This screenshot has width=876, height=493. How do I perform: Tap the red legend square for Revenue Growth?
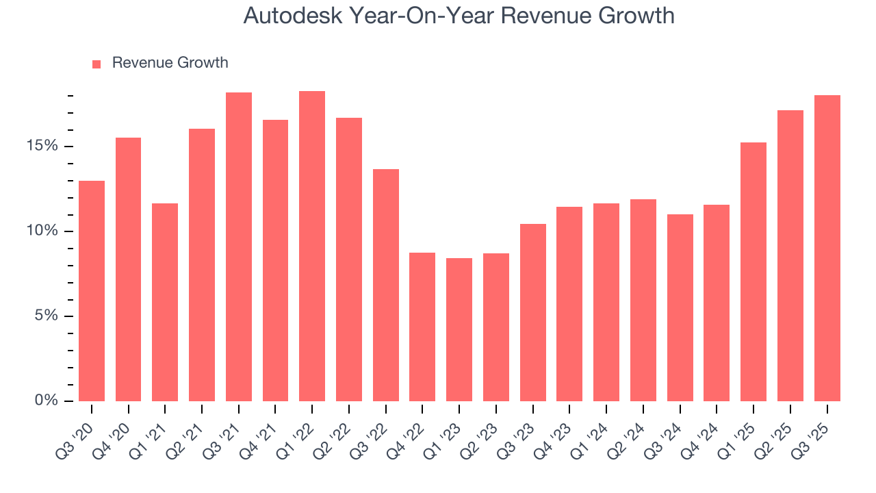[96, 64]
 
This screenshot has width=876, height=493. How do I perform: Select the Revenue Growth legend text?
[170, 63]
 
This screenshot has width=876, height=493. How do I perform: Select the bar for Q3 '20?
[92, 291]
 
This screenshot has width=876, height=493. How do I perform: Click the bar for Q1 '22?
[312, 246]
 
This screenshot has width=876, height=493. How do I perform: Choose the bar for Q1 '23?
[459, 329]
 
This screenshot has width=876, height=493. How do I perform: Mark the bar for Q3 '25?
[827, 248]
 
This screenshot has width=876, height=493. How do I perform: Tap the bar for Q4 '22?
[422, 327]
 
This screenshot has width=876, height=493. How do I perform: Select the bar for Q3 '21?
[239, 246]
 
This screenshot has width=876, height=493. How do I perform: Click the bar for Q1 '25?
[753, 272]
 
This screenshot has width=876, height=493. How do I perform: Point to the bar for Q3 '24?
[680, 307]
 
